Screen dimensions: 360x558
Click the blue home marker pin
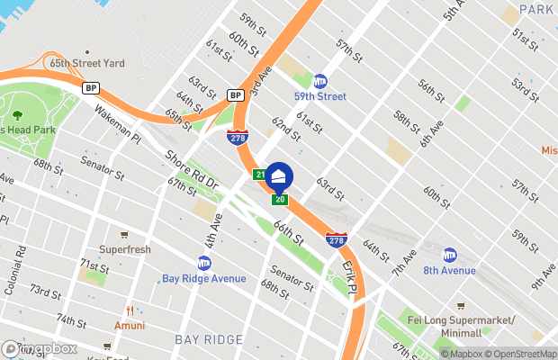coord(279,175)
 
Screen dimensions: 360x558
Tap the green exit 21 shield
coord(259,174)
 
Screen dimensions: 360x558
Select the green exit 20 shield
coord(280,199)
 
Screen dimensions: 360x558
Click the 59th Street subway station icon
coord(319,82)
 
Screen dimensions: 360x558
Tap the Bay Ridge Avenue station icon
coord(203,263)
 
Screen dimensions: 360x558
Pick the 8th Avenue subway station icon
coord(449,255)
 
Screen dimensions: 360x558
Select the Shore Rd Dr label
coord(191,168)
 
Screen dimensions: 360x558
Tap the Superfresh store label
coord(124,249)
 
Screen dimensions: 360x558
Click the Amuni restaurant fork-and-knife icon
coord(130,310)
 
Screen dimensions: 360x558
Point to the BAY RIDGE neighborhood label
coord(209,339)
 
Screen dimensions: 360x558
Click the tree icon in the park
coord(17,115)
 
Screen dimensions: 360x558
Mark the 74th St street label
coord(70,320)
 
